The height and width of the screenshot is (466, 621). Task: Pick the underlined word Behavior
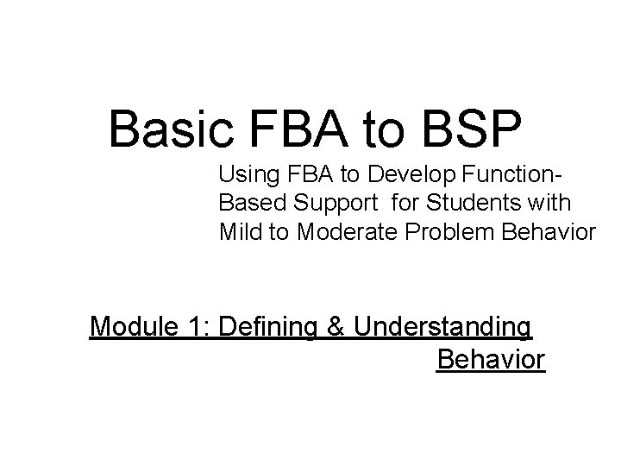(x=491, y=359)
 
